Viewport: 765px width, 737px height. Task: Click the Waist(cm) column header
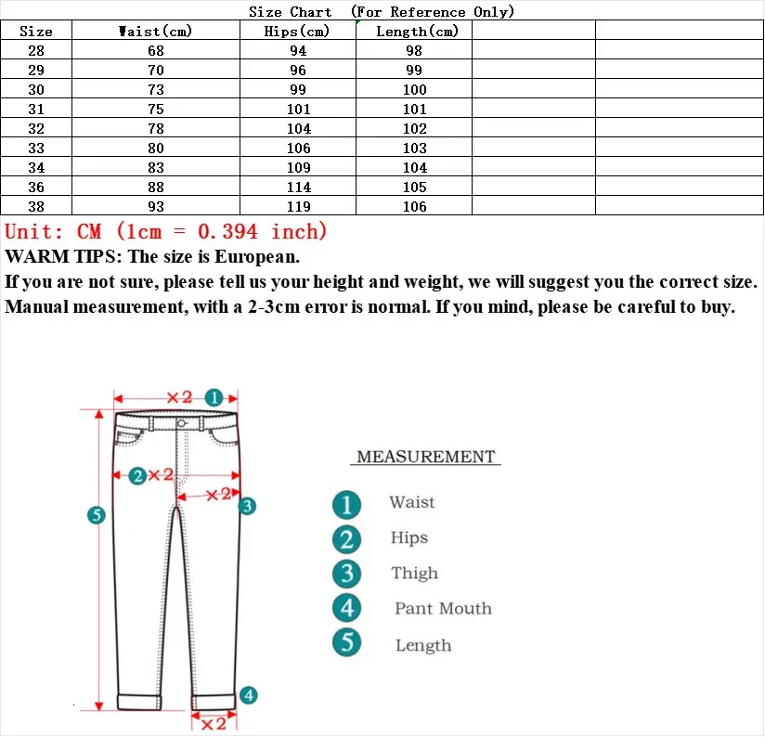click(x=155, y=32)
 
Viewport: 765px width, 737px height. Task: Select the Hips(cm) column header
click(x=297, y=32)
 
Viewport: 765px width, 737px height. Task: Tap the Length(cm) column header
click(x=414, y=32)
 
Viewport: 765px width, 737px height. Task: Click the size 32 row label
click(x=36, y=129)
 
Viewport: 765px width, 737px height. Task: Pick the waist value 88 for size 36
click(x=155, y=187)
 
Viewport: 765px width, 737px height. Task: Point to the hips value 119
click(x=298, y=207)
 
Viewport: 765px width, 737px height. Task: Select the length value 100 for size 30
click(x=414, y=90)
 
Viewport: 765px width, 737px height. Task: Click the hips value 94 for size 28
click(x=298, y=51)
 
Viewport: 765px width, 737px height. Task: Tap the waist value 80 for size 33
click(x=155, y=149)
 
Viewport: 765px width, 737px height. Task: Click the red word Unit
click(x=35, y=232)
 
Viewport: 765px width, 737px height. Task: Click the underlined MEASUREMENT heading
click(x=426, y=457)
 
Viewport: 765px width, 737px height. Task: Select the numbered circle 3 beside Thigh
click(x=346, y=574)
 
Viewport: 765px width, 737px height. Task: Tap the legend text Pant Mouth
click(x=443, y=609)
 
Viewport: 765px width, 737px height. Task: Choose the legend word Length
click(x=423, y=645)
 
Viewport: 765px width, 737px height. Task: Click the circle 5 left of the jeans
click(x=96, y=515)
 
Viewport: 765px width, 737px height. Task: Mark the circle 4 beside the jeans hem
click(x=248, y=695)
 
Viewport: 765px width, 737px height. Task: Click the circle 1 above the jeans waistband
click(x=214, y=397)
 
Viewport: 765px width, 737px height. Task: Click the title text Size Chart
click(x=290, y=11)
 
